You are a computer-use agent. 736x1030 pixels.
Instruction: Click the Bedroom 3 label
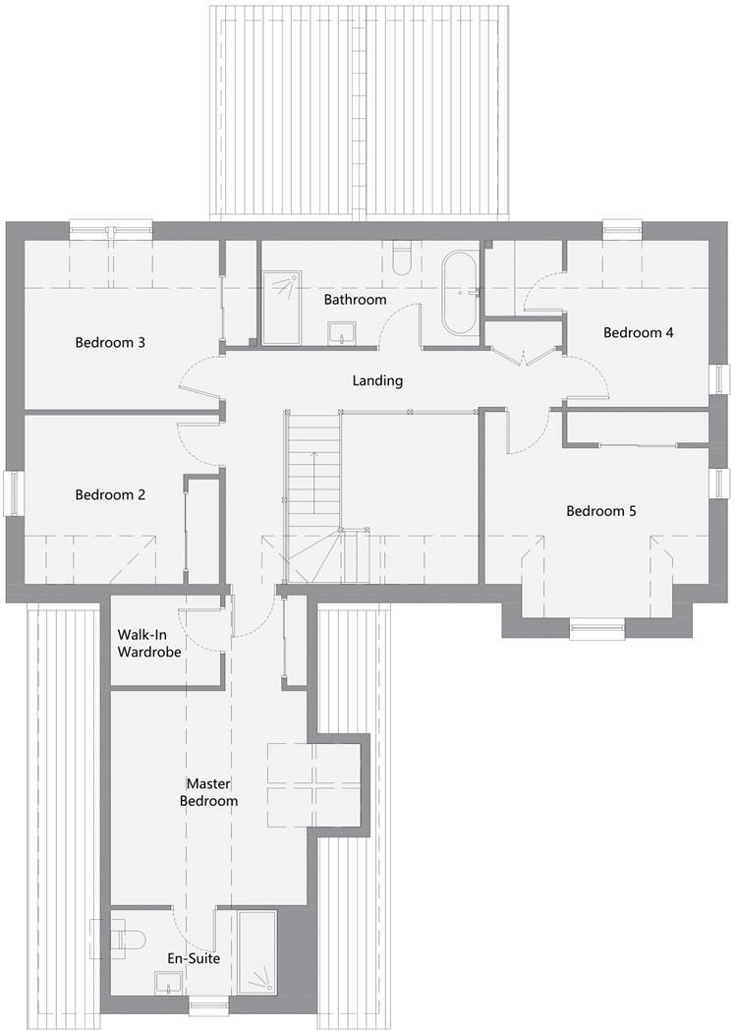point(110,343)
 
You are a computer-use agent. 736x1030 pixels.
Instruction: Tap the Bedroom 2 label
point(110,495)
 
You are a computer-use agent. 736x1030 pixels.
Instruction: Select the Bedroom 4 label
point(638,332)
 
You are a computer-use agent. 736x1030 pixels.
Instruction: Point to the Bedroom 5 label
point(601,511)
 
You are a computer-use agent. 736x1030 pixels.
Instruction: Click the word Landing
point(377,380)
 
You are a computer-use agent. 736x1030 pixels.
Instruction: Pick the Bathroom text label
point(355,299)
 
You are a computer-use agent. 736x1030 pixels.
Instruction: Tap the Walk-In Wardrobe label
point(149,643)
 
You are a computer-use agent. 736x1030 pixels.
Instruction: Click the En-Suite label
point(193,958)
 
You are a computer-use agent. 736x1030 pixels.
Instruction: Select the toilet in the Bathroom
point(401,257)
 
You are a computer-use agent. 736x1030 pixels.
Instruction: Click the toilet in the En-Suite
point(123,938)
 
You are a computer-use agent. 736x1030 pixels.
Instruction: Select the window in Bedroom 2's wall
point(13,493)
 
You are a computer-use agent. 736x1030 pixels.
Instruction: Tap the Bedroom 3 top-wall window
point(110,230)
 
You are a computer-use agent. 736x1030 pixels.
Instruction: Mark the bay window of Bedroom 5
point(597,622)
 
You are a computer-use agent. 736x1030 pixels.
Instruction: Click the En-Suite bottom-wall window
point(208,1004)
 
